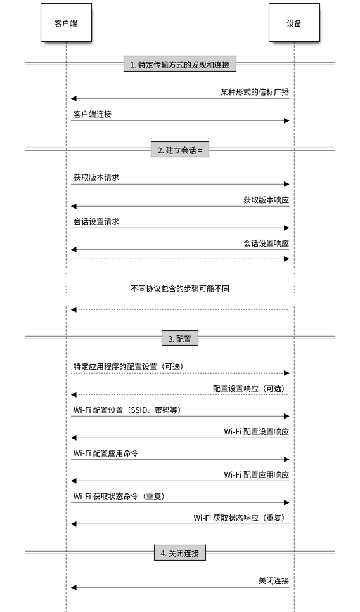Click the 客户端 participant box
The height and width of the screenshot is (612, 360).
point(66,22)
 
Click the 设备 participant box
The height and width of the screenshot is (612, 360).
point(294,22)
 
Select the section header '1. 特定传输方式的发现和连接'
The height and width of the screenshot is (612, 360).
point(180,64)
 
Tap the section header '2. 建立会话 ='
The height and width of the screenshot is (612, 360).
point(180,150)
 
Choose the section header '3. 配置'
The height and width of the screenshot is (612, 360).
point(180,338)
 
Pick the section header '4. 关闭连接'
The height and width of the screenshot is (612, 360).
point(180,552)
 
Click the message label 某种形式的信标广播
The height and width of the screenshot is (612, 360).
point(255,92)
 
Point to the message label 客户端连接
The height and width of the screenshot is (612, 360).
point(93,114)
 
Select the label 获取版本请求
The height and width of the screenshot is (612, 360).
point(96,178)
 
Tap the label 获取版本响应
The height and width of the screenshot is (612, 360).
point(266,200)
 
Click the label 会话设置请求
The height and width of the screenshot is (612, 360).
point(96,221)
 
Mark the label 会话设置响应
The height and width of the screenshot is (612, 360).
point(266,243)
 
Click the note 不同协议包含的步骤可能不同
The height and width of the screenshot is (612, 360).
point(180,289)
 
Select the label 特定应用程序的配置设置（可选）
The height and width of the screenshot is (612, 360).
point(129,367)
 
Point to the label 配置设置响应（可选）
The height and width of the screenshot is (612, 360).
point(249,388)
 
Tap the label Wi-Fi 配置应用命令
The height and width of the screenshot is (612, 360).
point(106,453)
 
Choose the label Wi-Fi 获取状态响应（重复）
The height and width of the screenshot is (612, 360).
point(240,518)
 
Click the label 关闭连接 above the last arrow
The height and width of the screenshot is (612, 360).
point(274,581)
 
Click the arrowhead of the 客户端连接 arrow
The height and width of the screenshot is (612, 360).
point(286,120)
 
